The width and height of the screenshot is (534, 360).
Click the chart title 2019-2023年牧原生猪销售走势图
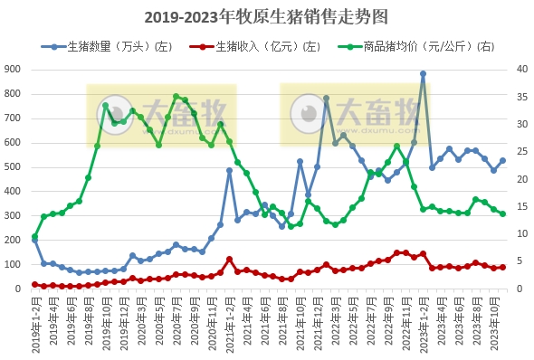point(266,16)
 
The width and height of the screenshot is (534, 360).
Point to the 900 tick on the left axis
point(14,69)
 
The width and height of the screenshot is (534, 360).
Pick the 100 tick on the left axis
point(14,264)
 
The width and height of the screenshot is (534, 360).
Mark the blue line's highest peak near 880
point(423,74)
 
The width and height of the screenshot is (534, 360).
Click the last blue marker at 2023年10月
point(502,160)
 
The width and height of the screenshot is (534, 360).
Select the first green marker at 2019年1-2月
point(34,237)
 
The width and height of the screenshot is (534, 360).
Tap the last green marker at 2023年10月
point(502,213)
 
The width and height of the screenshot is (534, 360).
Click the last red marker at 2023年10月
point(502,267)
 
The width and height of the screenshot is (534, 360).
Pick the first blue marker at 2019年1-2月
point(34,241)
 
